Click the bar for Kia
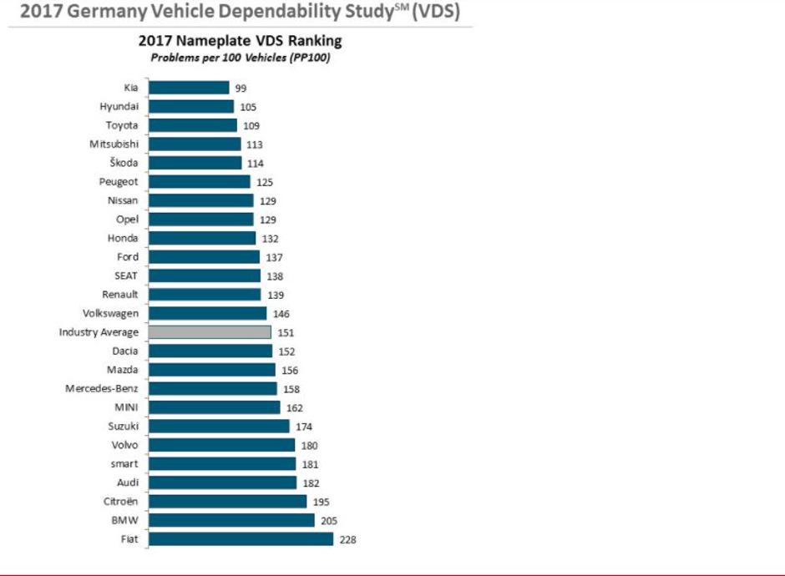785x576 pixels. [x=189, y=88]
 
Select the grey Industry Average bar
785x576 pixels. [x=210, y=332]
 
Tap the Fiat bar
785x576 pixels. [x=241, y=539]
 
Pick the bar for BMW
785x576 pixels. [x=231, y=520]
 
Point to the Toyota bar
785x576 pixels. [x=193, y=125]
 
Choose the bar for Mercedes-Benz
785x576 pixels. [x=213, y=389]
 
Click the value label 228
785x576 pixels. [x=347, y=540]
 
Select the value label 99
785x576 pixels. [x=241, y=88]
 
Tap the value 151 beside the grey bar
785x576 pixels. [x=286, y=332]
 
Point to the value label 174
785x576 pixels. [x=304, y=427]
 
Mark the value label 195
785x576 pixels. [x=321, y=502]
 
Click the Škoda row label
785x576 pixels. [x=124, y=163]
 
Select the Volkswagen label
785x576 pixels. [x=111, y=313]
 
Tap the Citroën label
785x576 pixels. [x=119, y=502]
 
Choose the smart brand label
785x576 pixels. [x=124, y=464]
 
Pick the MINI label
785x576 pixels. [x=126, y=407]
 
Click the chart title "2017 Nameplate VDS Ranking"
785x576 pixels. [x=240, y=41]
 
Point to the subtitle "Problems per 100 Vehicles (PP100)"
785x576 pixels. [x=241, y=57]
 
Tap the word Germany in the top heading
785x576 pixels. [x=101, y=14]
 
